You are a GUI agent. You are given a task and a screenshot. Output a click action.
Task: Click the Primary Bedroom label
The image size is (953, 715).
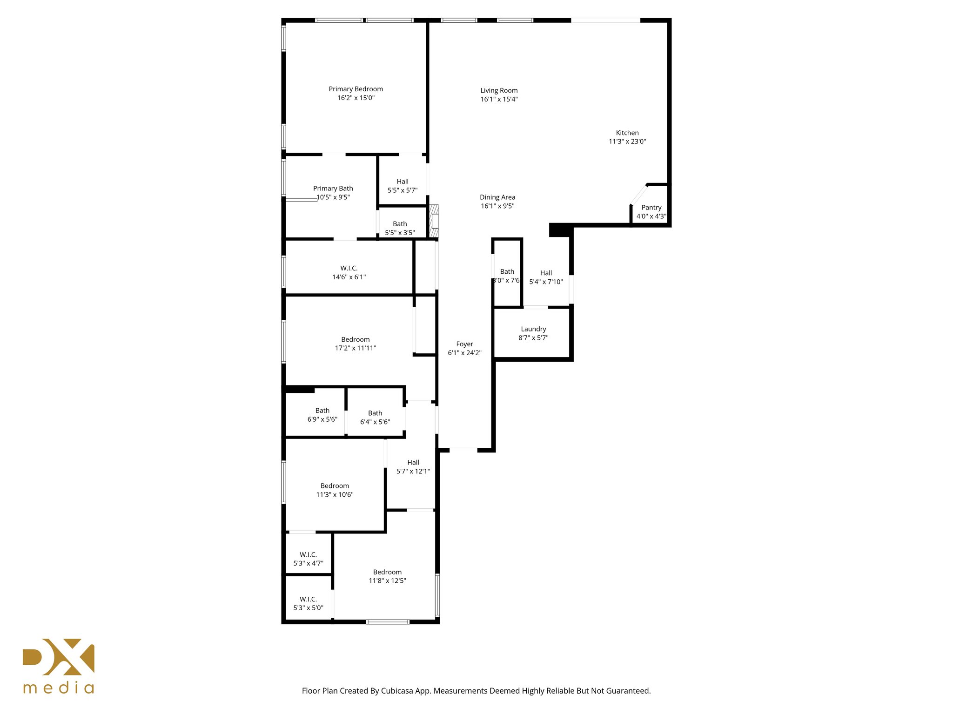pos(356,89)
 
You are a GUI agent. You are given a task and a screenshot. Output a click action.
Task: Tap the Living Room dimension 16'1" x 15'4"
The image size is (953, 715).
pos(499,99)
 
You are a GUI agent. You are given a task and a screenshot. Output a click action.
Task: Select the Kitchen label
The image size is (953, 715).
pos(627,133)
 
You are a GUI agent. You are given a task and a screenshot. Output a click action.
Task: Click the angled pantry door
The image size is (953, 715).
pos(639,195)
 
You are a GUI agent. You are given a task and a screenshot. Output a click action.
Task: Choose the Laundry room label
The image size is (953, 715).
pos(533,329)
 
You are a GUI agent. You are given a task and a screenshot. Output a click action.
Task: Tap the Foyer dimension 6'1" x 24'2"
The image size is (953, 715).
pos(464,353)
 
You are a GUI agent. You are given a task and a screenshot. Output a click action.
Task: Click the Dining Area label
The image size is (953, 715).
pos(497,197)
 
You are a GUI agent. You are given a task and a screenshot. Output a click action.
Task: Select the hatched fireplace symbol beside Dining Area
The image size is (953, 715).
pos(434,222)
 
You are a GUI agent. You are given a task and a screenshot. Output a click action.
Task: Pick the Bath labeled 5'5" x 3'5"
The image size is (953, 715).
pos(400,228)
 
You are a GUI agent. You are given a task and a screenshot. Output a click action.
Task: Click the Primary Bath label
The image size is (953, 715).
pos(333,189)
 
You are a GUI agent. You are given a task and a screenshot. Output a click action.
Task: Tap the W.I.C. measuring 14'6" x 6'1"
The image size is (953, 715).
pos(349,273)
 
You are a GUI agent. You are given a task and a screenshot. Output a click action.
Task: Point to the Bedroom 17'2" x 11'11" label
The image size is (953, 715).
pos(356,340)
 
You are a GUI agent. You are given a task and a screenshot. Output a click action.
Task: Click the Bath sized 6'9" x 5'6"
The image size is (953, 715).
pos(322,415)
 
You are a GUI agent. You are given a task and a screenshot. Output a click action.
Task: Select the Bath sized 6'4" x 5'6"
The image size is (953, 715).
pos(375,418)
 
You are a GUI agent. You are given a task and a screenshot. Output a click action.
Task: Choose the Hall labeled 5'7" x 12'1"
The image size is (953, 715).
pos(413,467)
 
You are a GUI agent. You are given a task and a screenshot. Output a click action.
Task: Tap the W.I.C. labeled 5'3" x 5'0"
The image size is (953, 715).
pos(308,603)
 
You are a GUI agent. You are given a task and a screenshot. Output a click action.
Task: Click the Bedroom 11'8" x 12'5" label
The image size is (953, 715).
pos(387,572)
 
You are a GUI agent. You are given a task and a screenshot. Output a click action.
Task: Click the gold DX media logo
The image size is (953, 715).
pos(59,666)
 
